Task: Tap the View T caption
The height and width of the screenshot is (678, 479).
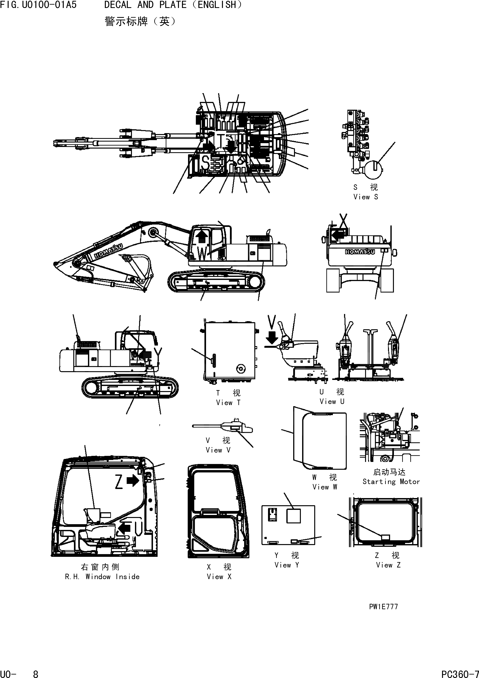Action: tap(228, 403)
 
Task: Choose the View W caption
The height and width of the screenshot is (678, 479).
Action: tap(324, 487)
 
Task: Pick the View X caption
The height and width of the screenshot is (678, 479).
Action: tap(219, 576)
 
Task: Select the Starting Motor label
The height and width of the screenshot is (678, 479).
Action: tap(391, 482)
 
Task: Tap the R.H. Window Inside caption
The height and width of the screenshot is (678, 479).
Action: tap(102, 576)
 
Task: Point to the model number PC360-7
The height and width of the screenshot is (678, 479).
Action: tap(460, 674)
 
